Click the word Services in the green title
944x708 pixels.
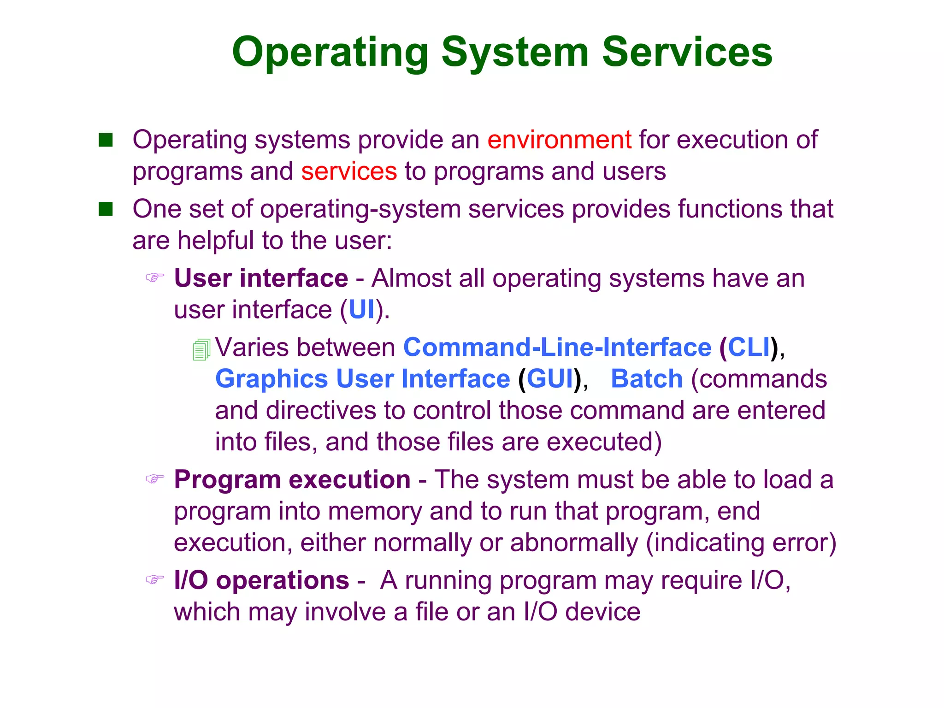tap(687, 52)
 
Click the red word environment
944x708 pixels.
tap(559, 140)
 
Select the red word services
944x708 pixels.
tap(349, 171)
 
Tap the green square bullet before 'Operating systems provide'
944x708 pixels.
tap(106, 140)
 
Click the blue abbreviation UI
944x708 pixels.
tap(362, 310)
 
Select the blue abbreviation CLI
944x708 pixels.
tap(749, 347)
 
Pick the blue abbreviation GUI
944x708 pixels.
tap(549, 379)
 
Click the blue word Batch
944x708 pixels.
tap(646, 379)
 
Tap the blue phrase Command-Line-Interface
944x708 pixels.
tap(557, 347)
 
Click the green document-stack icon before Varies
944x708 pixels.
tap(201, 349)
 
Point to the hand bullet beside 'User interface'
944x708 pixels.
tap(155, 277)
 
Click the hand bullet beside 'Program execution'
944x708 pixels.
tap(155, 479)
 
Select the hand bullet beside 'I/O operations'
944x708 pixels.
tap(155, 579)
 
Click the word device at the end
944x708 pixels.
tap(602, 612)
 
